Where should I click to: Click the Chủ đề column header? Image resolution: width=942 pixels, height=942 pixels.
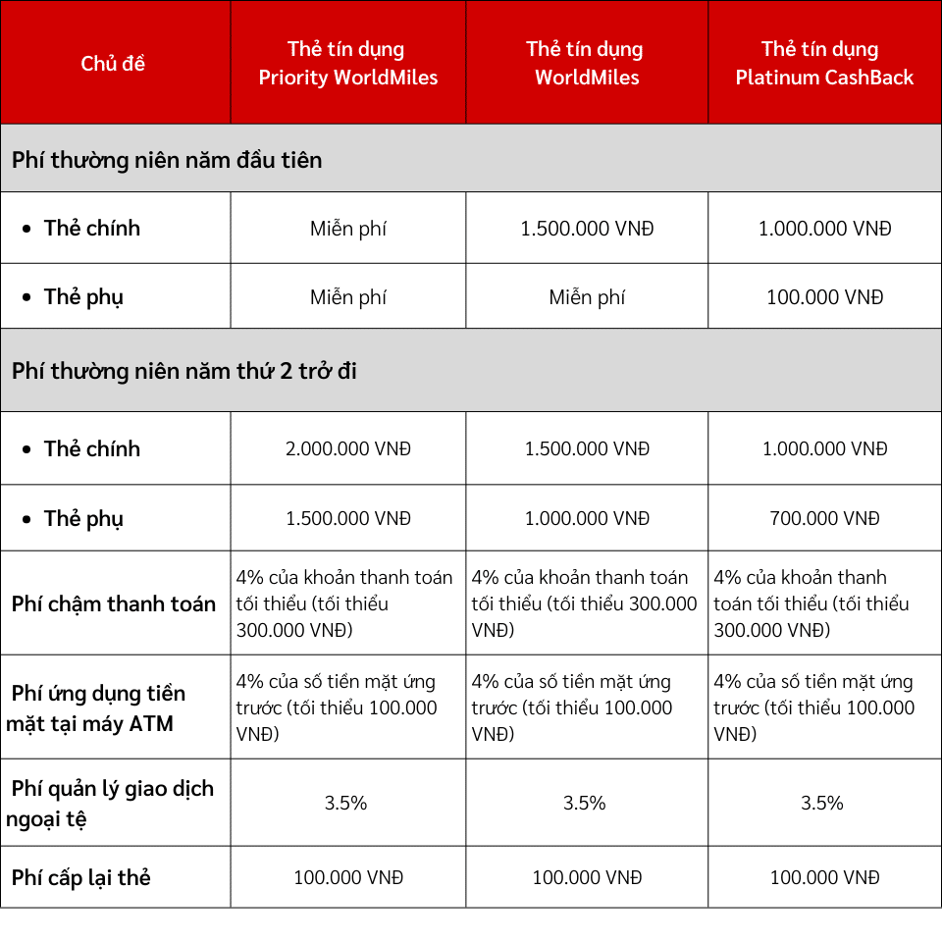[x=113, y=64]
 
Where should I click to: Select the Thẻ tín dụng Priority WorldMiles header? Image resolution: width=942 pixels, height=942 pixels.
[x=347, y=64]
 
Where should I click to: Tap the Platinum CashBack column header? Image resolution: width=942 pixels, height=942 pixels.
[x=824, y=64]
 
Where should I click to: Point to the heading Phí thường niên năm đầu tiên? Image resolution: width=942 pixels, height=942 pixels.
[x=167, y=159]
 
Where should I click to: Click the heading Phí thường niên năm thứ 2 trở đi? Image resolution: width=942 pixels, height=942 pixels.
[x=183, y=371]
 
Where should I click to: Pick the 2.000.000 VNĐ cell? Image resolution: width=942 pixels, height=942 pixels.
[x=347, y=448]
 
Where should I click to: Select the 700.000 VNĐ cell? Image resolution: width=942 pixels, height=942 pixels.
[x=824, y=518]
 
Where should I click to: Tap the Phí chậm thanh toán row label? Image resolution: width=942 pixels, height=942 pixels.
[x=114, y=603]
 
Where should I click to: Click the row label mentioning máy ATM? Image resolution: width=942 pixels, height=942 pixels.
[x=96, y=708]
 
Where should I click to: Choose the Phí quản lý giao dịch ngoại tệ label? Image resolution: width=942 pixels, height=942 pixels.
[x=110, y=803]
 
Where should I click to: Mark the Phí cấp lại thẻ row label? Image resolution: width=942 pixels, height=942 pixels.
[x=81, y=877]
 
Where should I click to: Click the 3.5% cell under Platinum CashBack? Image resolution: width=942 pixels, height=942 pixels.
[x=822, y=803]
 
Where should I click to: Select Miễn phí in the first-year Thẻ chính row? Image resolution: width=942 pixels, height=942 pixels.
[x=347, y=229]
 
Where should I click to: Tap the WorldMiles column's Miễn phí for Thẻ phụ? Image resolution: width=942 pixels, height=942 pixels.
[x=587, y=297]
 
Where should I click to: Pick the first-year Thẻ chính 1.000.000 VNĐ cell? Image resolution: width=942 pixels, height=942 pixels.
[x=824, y=229]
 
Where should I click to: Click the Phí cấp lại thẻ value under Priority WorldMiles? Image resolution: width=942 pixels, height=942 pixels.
[x=347, y=877]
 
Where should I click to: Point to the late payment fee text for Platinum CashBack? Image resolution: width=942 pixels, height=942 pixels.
[x=811, y=603]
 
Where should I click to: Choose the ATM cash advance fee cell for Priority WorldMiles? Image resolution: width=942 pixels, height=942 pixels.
[x=337, y=707]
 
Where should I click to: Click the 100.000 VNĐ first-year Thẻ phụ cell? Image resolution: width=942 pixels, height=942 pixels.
[x=824, y=297]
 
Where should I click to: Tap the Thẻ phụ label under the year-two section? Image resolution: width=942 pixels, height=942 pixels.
[x=83, y=518]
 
